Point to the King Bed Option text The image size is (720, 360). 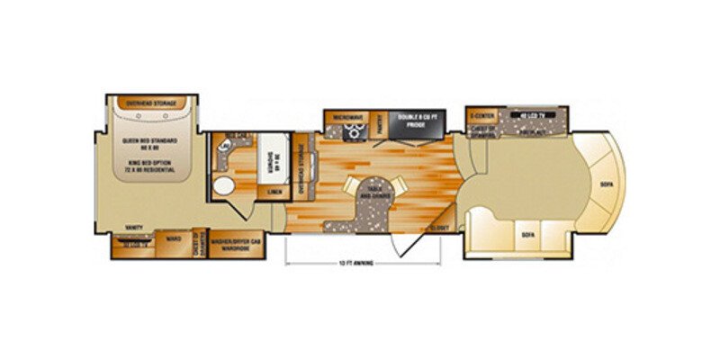point(149,166)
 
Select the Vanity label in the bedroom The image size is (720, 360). point(132,229)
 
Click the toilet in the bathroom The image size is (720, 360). point(223,143)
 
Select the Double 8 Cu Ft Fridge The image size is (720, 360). point(414,123)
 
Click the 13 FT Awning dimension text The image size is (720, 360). point(363,264)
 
